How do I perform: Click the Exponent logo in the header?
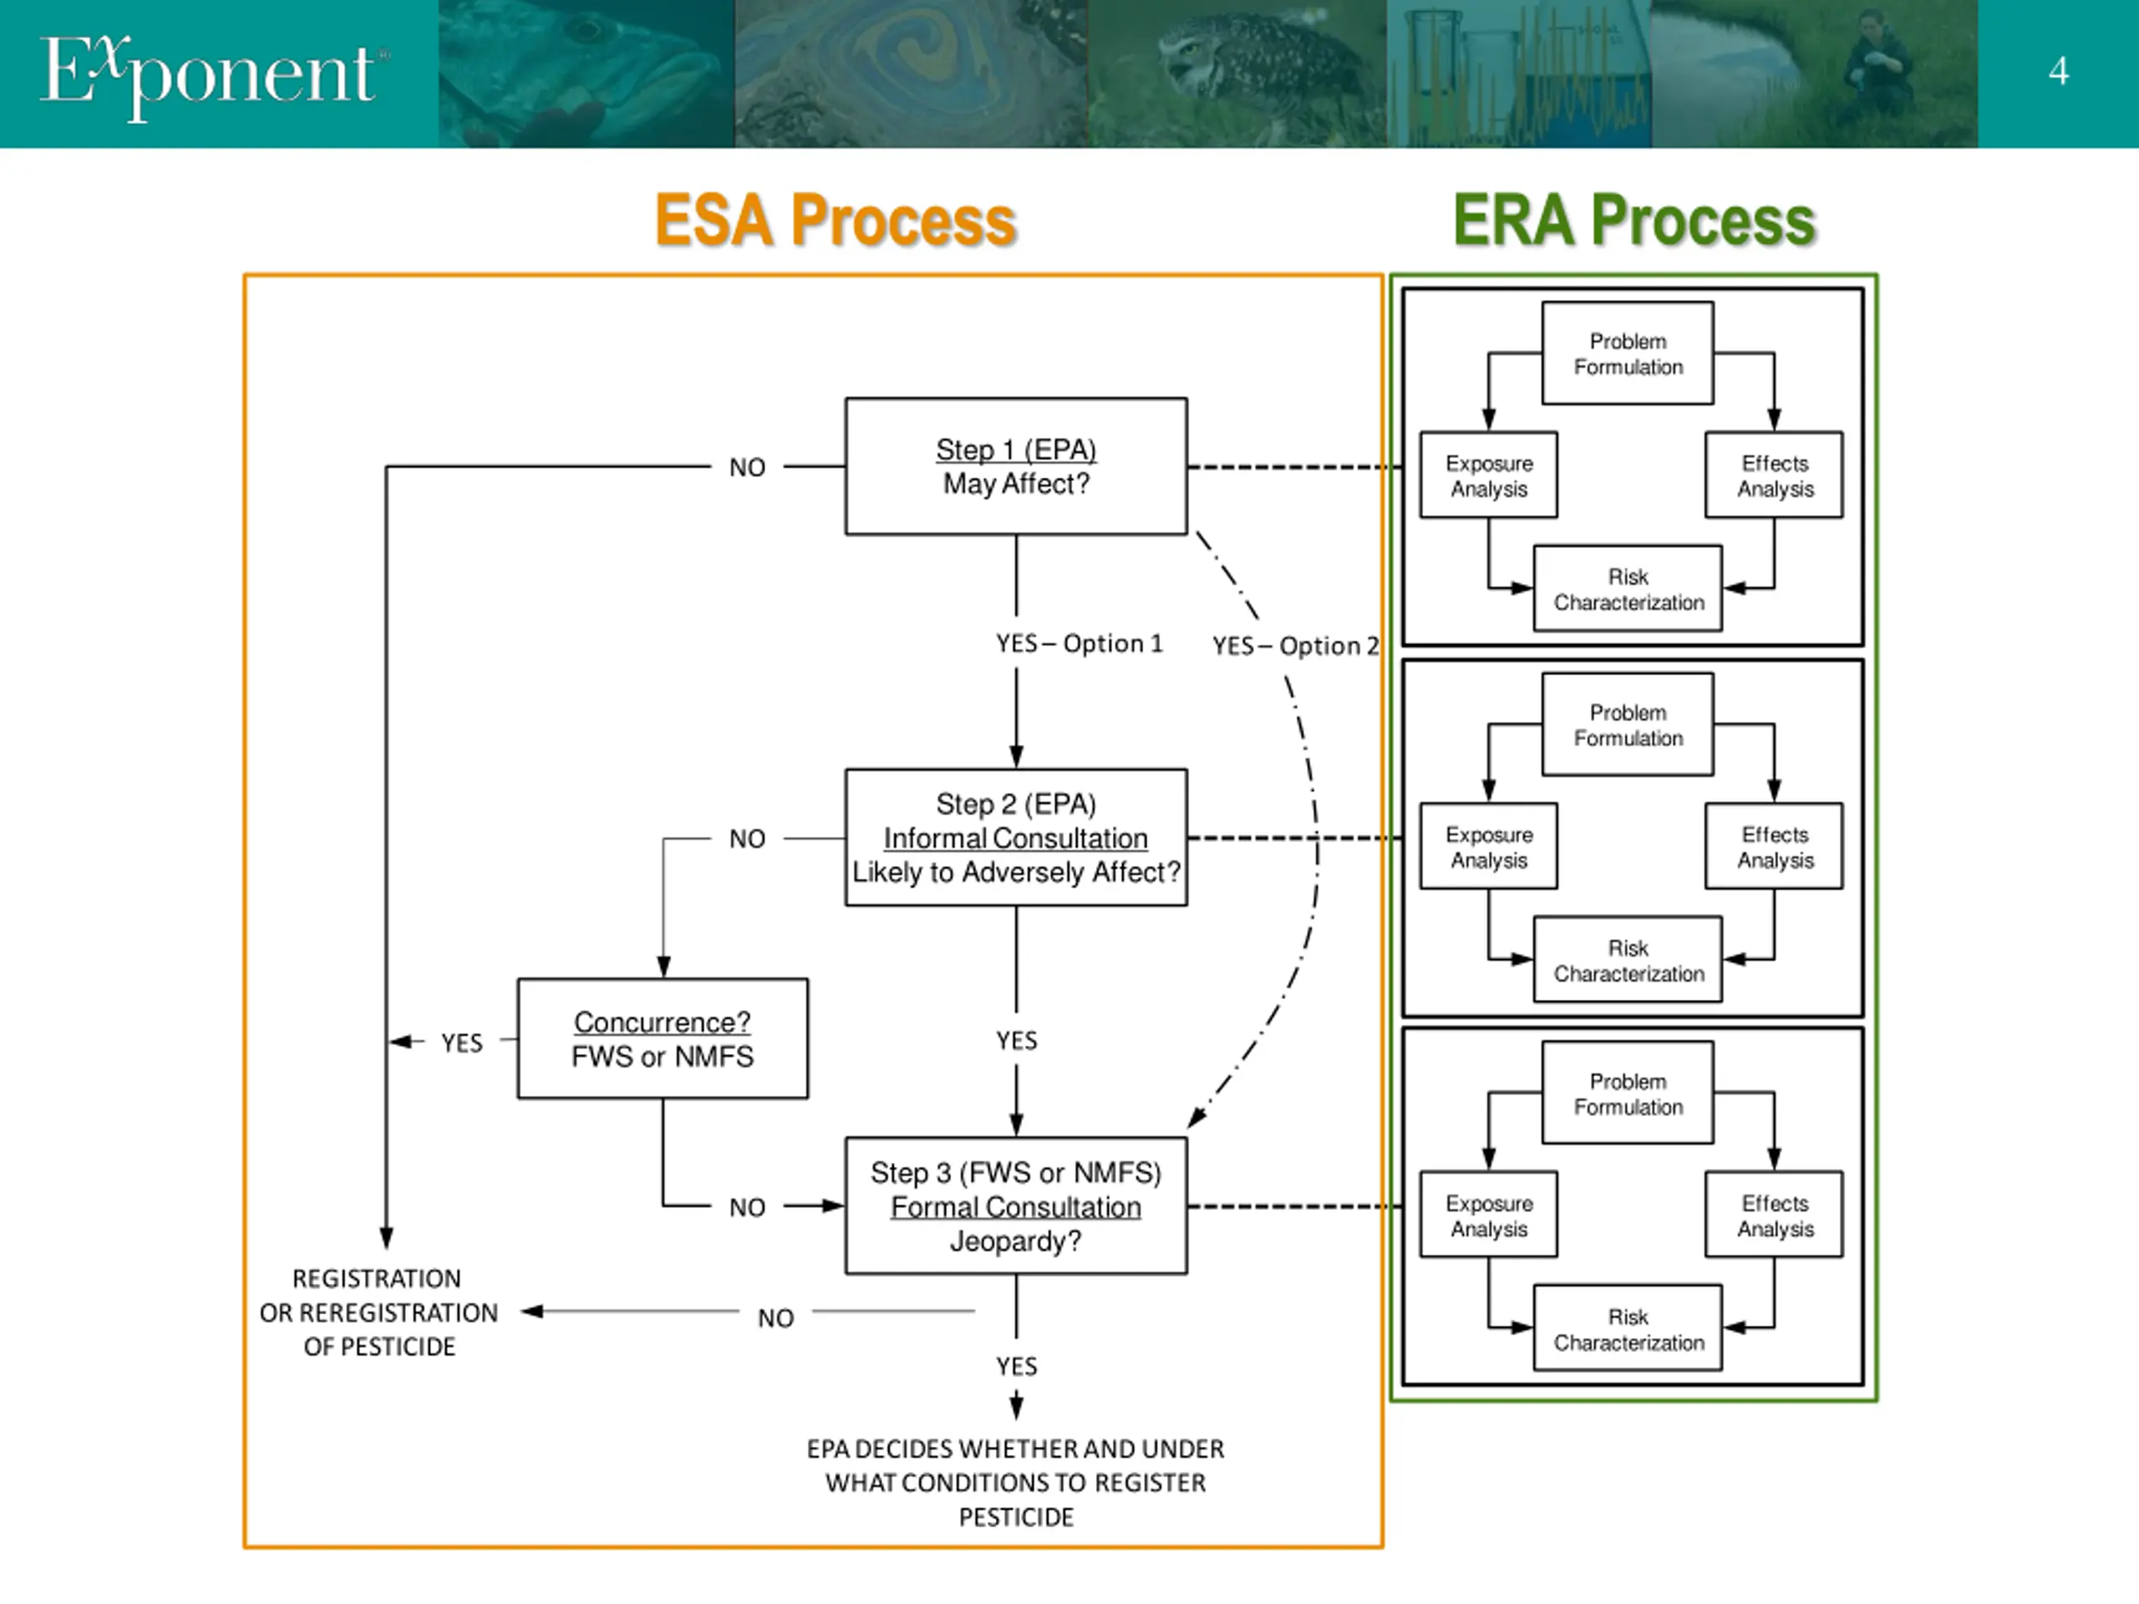pyautogui.click(x=214, y=74)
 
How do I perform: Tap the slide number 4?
pyautogui.click(x=2058, y=70)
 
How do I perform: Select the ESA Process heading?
pyautogui.click(x=836, y=220)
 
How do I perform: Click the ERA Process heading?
pyautogui.click(x=1634, y=220)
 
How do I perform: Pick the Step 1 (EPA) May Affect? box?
pyautogui.click(x=1016, y=466)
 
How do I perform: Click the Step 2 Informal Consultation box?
pyautogui.click(x=1016, y=837)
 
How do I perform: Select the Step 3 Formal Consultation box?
pyautogui.click(x=1016, y=1206)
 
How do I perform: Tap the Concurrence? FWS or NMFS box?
pyautogui.click(x=663, y=1038)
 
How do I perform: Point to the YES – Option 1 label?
pyautogui.click(x=1080, y=643)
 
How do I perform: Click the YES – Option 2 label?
pyautogui.click(x=1296, y=645)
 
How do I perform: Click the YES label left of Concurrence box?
pyautogui.click(x=461, y=1043)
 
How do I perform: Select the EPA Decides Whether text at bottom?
pyautogui.click(x=1015, y=1482)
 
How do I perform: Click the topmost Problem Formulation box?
pyautogui.click(x=1628, y=353)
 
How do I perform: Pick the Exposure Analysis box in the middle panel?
pyautogui.click(x=1488, y=846)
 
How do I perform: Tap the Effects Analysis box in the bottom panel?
pyautogui.click(x=1775, y=1215)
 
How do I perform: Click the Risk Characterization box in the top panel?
pyautogui.click(x=1628, y=588)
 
